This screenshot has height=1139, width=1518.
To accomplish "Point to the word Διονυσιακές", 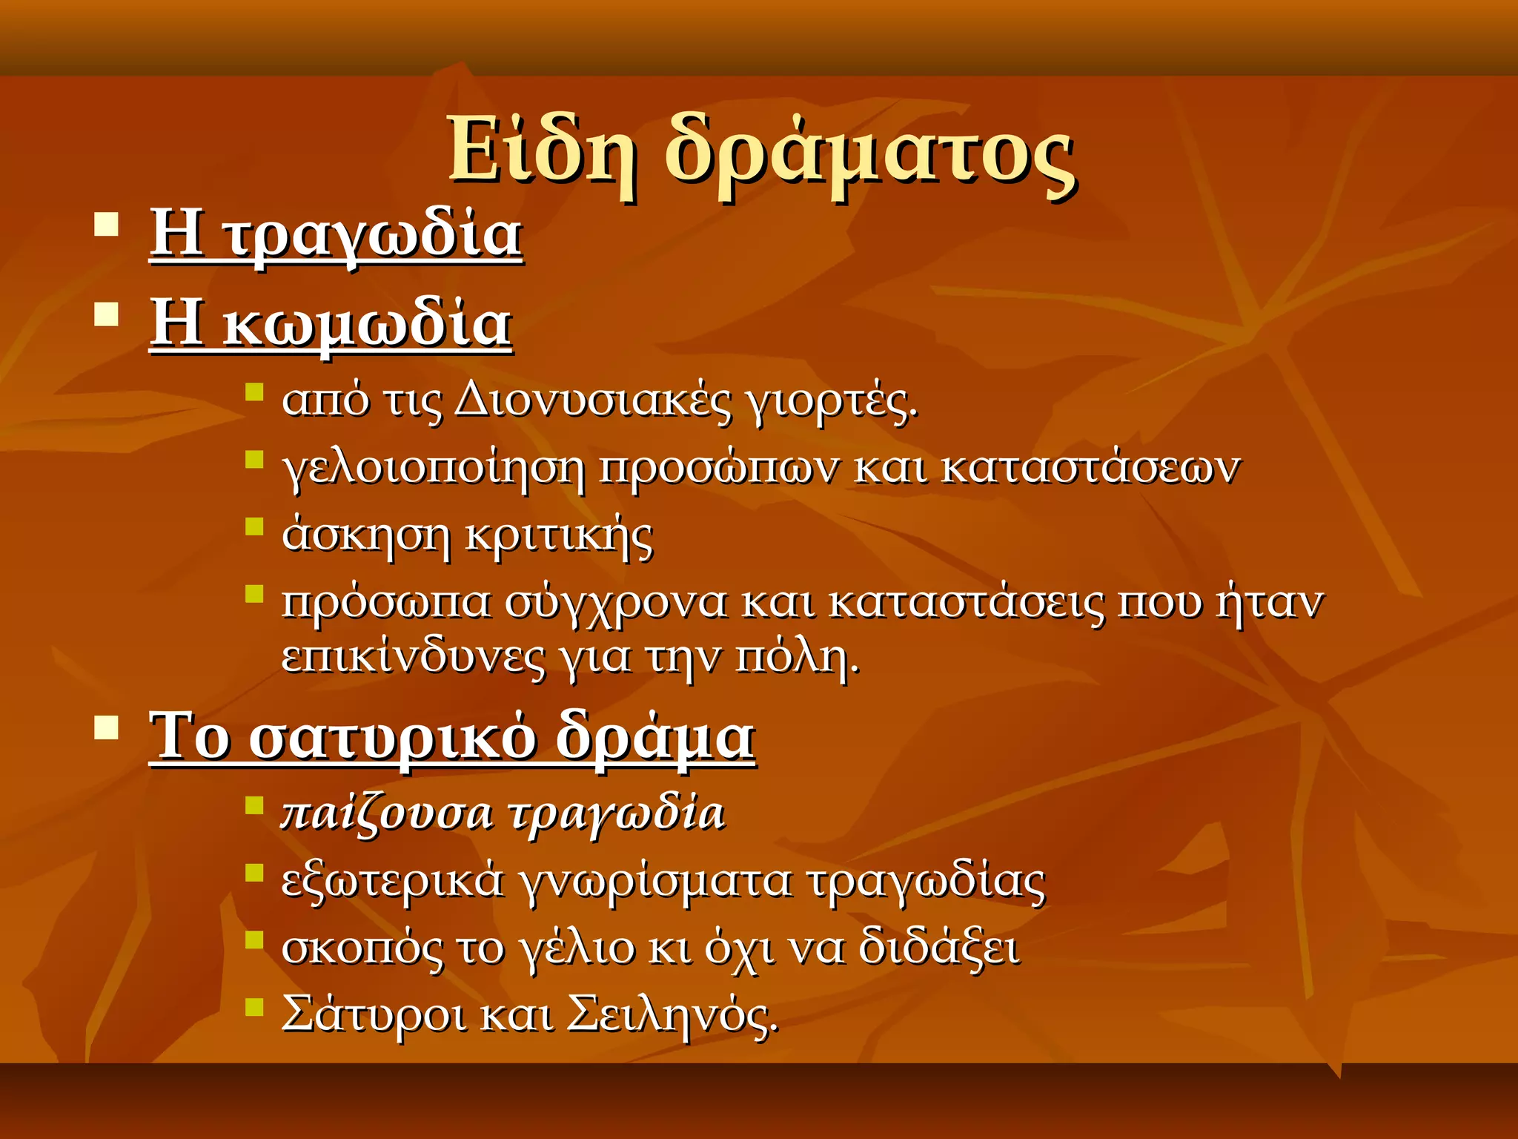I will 593,401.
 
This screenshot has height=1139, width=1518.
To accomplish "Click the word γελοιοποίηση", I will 434,469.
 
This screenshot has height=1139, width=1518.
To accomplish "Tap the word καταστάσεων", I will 1090,468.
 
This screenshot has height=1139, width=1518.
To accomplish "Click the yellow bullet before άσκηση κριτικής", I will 254,526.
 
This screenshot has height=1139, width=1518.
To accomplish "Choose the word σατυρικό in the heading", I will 392,739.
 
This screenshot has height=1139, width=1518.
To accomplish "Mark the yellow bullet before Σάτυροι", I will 254,1006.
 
